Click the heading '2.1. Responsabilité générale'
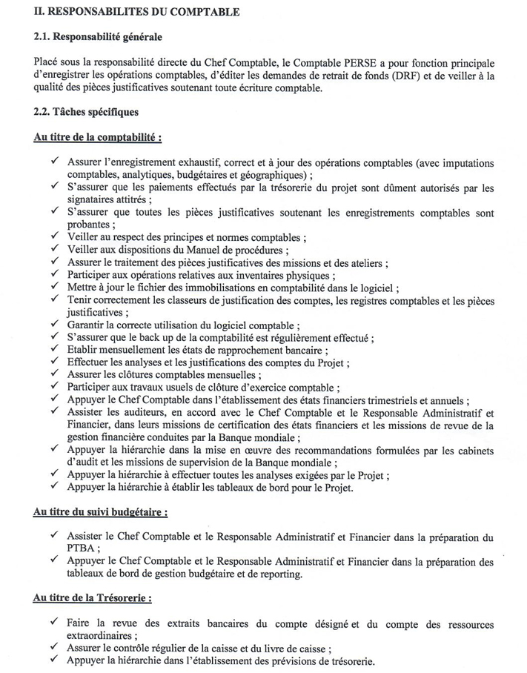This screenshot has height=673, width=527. click(98, 36)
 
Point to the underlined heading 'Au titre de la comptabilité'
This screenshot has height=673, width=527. click(98, 137)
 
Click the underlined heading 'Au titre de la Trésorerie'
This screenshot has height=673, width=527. click(93, 597)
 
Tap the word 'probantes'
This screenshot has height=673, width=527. click(89, 225)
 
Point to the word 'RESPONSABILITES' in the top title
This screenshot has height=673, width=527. click(102, 10)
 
